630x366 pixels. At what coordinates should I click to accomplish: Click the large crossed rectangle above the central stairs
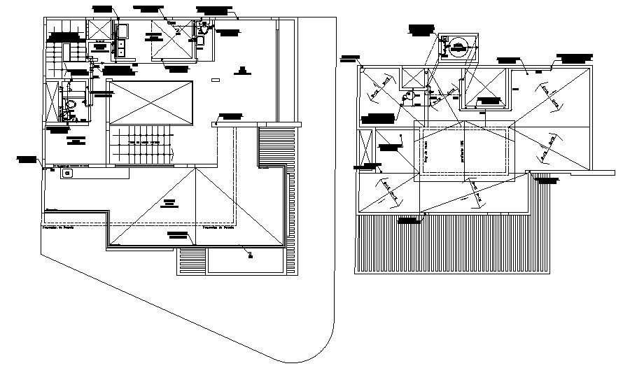tap(150, 101)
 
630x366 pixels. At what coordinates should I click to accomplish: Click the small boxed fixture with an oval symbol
tap(67, 172)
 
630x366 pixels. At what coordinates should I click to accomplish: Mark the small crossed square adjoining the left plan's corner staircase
tap(98, 31)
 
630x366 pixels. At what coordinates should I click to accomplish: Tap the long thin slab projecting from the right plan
tap(570, 172)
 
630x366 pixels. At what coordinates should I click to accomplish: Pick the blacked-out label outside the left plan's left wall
tap(26, 159)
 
